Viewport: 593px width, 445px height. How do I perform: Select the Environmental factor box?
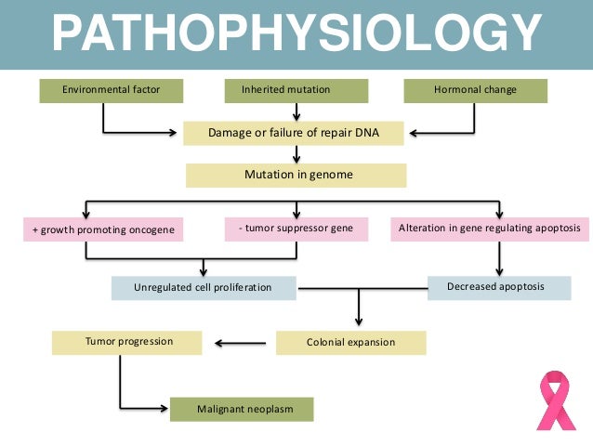click(x=111, y=91)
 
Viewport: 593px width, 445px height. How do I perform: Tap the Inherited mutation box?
click(x=296, y=91)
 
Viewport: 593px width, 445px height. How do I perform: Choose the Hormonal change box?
click(x=475, y=91)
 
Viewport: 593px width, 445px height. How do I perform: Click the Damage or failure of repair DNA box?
click(x=294, y=133)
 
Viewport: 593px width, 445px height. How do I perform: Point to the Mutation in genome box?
click(x=296, y=175)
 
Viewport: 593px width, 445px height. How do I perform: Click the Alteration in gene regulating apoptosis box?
click(x=489, y=229)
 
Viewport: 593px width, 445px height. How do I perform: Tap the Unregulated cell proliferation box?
click(x=203, y=288)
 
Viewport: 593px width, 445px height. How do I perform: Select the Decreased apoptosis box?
click(x=499, y=287)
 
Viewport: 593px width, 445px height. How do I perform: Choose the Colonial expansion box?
click(x=350, y=342)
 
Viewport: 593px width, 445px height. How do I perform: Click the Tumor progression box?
click(x=128, y=341)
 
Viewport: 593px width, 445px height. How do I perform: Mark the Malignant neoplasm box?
click(x=241, y=409)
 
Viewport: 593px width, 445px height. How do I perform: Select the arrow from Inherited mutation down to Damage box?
click(x=296, y=111)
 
